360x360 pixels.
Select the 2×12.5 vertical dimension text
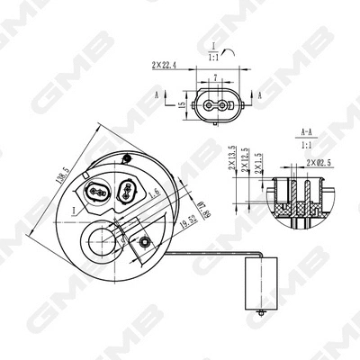click(x=246, y=162)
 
